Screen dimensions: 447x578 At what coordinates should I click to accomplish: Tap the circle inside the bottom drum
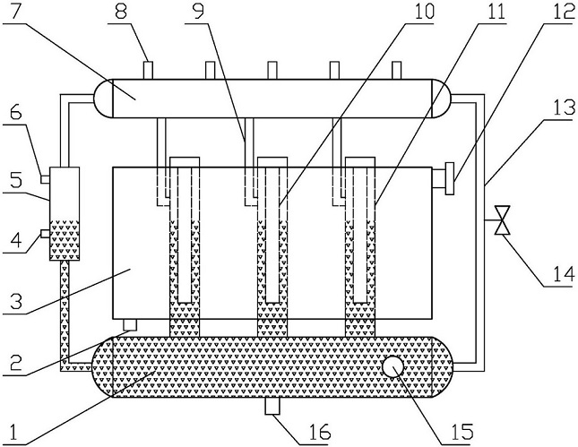392,366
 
